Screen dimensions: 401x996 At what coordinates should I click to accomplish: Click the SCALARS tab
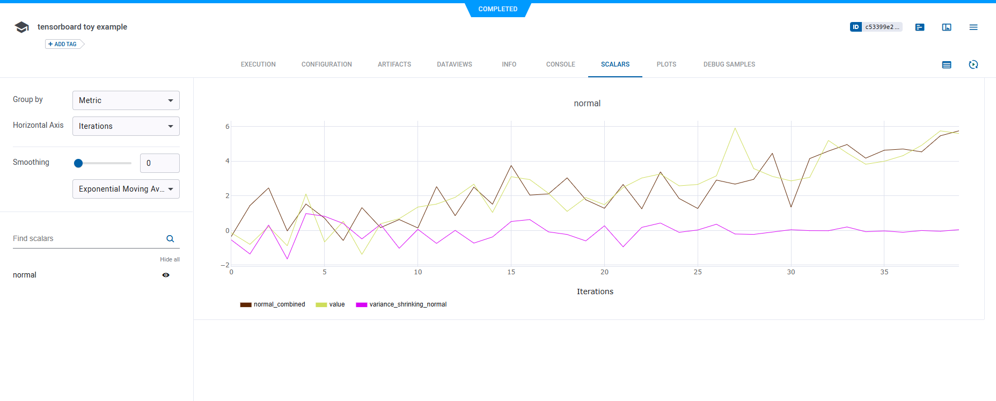pos(615,64)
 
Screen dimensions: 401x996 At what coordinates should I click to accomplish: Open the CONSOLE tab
pos(560,64)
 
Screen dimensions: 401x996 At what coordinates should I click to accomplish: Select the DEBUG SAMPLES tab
pos(729,64)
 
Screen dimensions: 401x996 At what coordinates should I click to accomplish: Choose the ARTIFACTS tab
pos(394,64)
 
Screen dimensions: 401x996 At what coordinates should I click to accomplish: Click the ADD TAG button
pos(63,44)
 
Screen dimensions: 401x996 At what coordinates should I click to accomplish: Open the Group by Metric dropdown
pos(126,100)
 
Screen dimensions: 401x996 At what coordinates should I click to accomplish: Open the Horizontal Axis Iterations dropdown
pos(126,126)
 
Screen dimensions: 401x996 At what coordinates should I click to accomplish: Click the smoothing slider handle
pos(78,163)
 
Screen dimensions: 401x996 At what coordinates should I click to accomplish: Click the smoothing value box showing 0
pos(159,163)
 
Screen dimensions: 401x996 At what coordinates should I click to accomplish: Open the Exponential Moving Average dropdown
pos(126,189)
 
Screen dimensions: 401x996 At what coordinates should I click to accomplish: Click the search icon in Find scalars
pos(170,239)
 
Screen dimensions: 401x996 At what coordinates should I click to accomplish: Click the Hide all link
pos(170,259)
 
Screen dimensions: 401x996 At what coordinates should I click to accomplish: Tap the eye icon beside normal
pos(166,275)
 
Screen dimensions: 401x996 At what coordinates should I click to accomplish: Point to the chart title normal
pos(587,104)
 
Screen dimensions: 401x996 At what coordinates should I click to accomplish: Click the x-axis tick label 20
pos(604,272)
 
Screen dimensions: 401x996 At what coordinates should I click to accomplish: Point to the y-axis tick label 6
pos(228,127)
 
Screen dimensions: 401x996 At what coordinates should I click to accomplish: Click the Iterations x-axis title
pos(595,291)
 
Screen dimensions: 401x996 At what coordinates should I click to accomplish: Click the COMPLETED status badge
pos(497,9)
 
